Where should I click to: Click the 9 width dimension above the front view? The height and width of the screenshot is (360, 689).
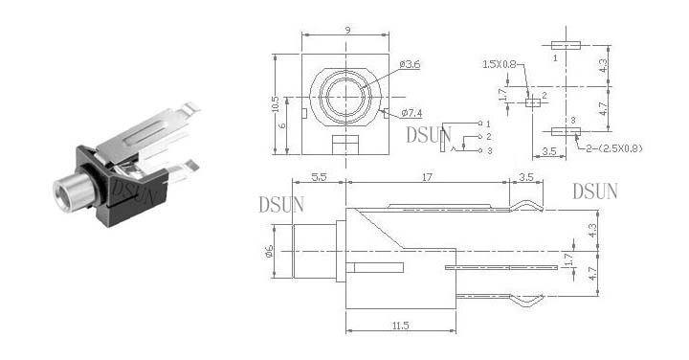point(348,30)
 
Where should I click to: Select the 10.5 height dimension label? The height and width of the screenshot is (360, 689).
point(276,104)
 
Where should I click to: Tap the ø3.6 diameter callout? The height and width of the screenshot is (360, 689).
point(410,64)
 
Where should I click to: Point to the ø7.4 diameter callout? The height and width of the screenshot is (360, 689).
point(411,113)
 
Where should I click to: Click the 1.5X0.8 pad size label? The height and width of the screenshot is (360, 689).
point(500,64)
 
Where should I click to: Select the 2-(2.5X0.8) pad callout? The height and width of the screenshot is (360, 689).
point(614,148)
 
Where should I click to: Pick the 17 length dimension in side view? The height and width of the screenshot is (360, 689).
point(427,177)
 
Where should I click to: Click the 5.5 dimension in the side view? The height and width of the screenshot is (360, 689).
point(319,177)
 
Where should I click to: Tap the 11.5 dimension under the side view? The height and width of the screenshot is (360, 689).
point(400,326)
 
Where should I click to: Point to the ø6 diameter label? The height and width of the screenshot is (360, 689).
point(269,252)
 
